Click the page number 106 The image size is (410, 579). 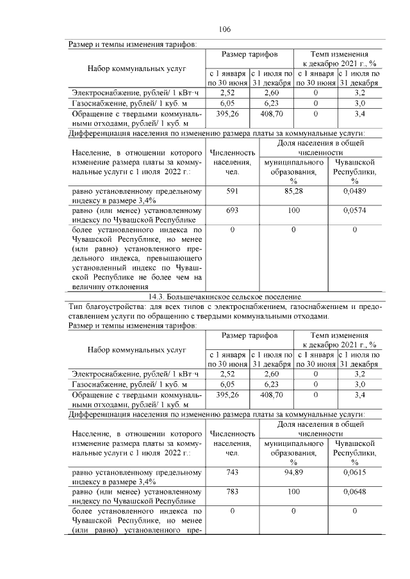(224, 29)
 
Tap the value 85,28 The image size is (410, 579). (294, 191)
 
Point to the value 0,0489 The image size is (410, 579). (354, 191)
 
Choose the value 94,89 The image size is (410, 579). (294, 472)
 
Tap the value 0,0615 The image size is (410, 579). (354, 472)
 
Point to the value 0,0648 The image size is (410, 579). (354, 491)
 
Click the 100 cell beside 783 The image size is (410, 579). (294, 491)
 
